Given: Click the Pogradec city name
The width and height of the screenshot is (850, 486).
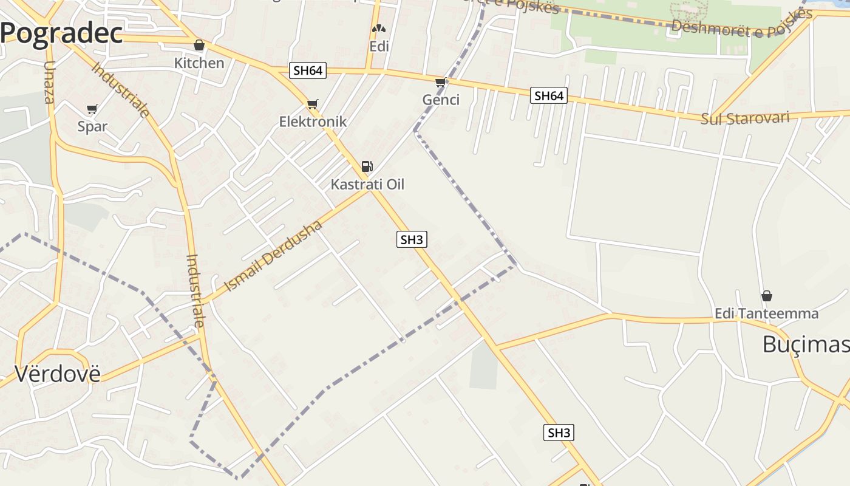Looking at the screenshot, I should click(x=61, y=34).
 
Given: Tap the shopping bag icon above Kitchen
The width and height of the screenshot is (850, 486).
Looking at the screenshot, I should click(x=199, y=46).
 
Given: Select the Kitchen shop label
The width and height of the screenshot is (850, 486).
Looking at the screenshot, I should click(x=199, y=63).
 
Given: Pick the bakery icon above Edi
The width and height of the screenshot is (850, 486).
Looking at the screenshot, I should click(x=379, y=29).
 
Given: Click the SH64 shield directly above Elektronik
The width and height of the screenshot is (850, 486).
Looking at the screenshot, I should click(x=308, y=70).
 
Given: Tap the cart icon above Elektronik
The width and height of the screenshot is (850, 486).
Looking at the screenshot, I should click(x=312, y=104).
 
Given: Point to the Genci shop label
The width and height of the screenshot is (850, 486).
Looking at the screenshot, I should click(x=441, y=100).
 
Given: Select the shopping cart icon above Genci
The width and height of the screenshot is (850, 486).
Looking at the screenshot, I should click(x=441, y=83).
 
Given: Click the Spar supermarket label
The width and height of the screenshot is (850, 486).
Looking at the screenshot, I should click(x=92, y=126).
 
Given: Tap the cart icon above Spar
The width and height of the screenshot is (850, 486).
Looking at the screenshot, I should click(x=92, y=109).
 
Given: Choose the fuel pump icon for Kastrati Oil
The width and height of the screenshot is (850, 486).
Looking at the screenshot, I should click(x=367, y=166).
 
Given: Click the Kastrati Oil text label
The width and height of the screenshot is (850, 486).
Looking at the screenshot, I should click(x=367, y=185).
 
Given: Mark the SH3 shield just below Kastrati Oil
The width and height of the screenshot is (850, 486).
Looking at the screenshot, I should click(x=412, y=240).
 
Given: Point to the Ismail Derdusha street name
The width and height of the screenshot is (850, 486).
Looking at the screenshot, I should click(x=273, y=256).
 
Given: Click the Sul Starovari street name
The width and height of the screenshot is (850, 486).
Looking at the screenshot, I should click(x=745, y=117).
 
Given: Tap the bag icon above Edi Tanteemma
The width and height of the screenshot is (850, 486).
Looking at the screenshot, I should click(x=767, y=296).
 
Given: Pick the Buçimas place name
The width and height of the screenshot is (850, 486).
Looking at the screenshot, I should click(x=805, y=344).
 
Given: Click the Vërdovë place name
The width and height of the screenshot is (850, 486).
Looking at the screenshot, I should click(x=57, y=374).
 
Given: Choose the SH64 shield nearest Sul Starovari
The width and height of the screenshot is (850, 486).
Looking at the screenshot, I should click(x=549, y=96).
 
